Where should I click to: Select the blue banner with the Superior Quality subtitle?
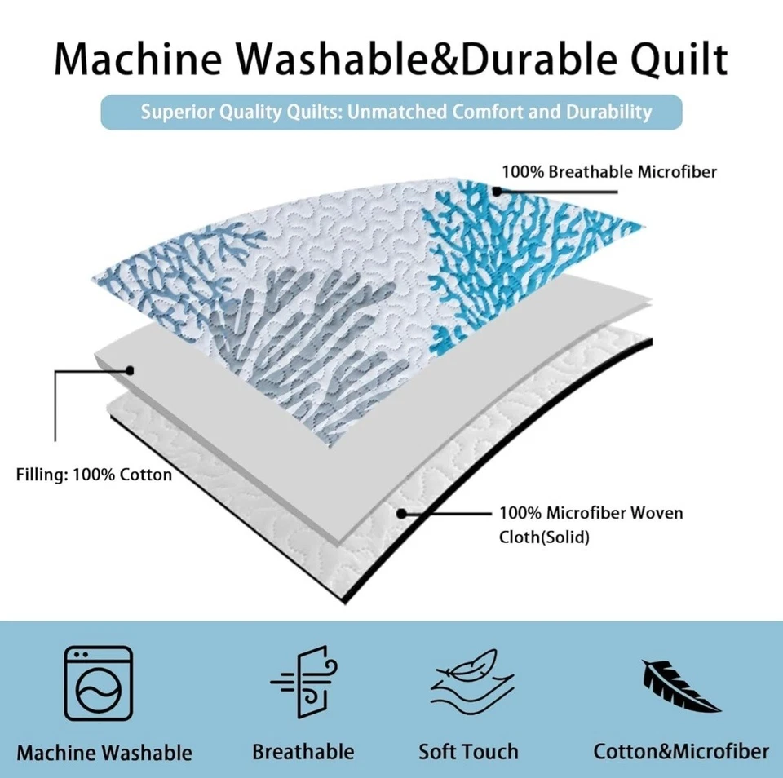pyautogui.click(x=391, y=112)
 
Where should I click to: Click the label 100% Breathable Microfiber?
pyautogui.click(x=609, y=172)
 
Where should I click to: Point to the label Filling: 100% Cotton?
pyautogui.click(x=94, y=474)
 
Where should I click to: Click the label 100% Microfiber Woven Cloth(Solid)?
pyautogui.click(x=591, y=524)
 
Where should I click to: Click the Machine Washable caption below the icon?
pyautogui.click(x=104, y=753)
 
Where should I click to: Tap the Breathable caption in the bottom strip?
pyautogui.click(x=303, y=751)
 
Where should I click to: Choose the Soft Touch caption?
pyautogui.click(x=468, y=751)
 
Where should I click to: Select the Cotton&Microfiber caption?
pyautogui.click(x=681, y=751)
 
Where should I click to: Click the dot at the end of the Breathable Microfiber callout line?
pyautogui.click(x=495, y=191)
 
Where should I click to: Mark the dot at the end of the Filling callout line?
pyautogui.click(x=130, y=370)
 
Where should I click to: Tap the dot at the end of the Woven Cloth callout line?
pyautogui.click(x=401, y=513)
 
